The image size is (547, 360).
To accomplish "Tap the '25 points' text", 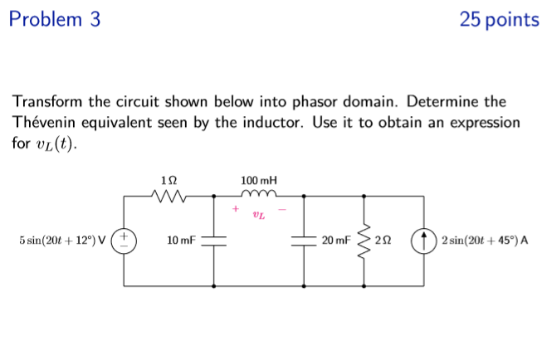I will click(x=499, y=20).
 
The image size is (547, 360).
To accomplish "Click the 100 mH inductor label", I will click(x=259, y=180).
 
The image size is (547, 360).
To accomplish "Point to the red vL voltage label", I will click(x=259, y=216).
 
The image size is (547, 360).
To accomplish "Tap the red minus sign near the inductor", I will click(x=281, y=209).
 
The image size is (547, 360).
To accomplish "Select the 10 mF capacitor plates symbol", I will click(x=214, y=241).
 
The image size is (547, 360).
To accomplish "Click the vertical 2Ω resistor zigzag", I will click(x=364, y=241).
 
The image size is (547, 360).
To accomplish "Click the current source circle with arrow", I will click(x=426, y=241).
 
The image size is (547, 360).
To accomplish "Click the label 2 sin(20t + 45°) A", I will click(x=486, y=241).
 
